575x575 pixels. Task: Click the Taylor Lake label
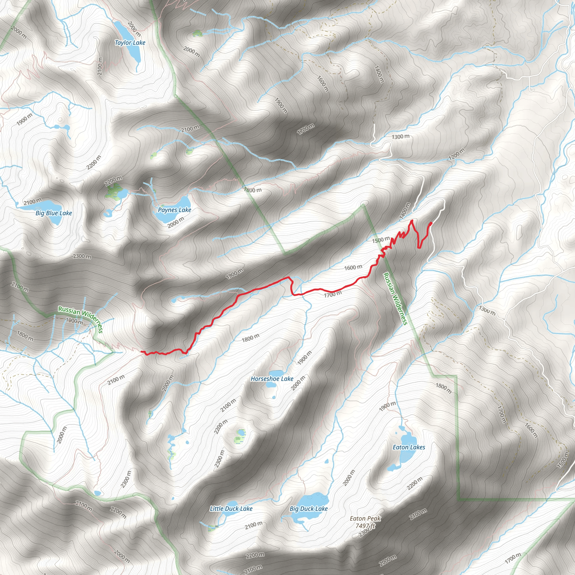[130, 43]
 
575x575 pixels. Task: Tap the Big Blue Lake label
[54, 213]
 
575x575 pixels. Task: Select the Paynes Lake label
[174, 210]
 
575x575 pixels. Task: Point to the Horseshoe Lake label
[272, 379]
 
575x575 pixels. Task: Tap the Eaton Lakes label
[409, 447]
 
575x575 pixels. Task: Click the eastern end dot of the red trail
[431, 223]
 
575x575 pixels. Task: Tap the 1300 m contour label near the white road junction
[400, 137]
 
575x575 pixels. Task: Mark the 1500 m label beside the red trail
[381, 239]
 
